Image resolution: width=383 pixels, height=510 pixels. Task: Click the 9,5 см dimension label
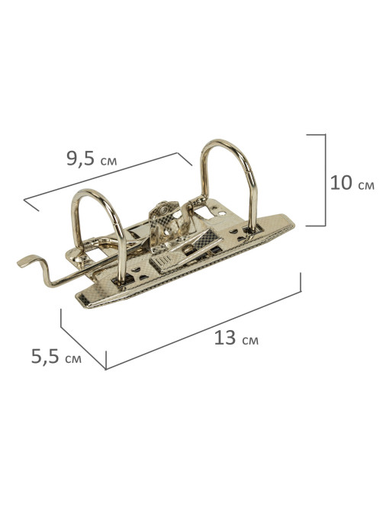tap(92, 159)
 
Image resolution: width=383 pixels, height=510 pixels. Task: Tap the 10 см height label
tap(352, 183)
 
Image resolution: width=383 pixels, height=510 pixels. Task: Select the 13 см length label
tap(237, 338)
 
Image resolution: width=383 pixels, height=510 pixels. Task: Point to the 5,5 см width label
tap(56, 357)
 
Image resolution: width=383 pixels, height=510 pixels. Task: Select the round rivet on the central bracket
tap(162, 210)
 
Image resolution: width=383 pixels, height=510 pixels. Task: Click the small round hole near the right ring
tap(222, 213)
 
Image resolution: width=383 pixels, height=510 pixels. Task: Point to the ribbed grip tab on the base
tap(163, 261)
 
